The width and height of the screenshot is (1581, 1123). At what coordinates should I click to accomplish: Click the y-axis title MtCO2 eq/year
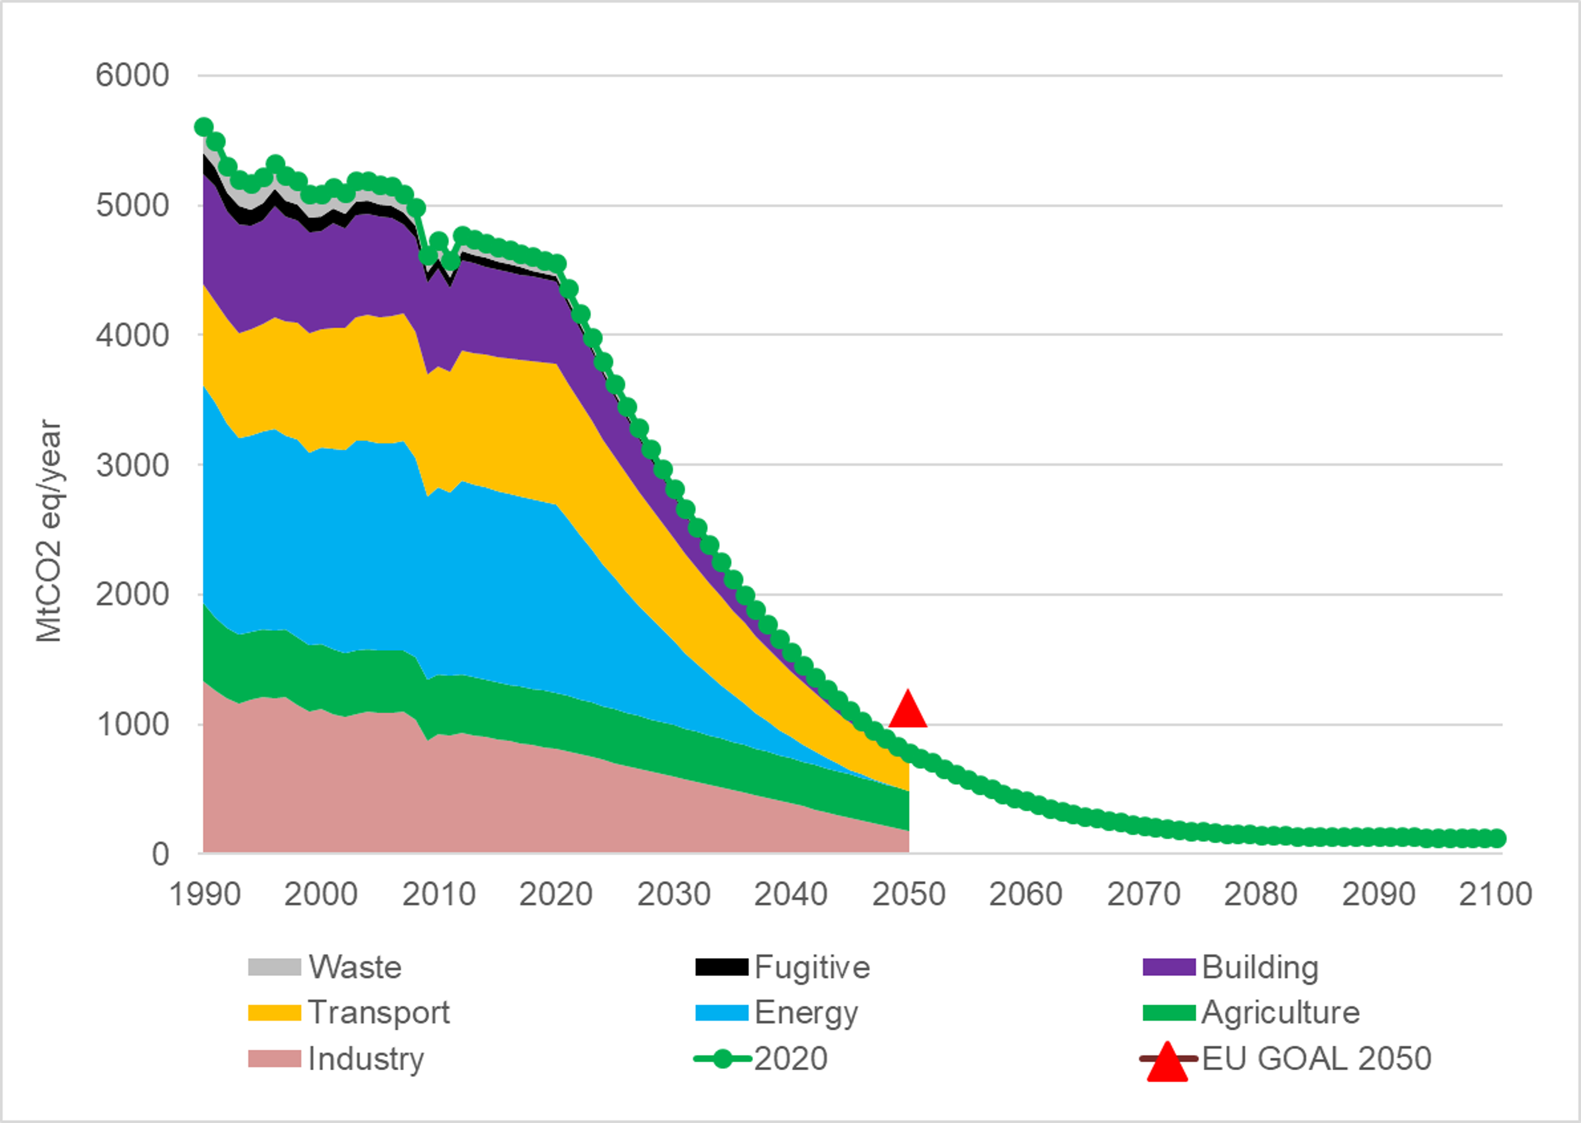[x=48, y=531]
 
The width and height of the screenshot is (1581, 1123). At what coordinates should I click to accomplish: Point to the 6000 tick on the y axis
[x=132, y=75]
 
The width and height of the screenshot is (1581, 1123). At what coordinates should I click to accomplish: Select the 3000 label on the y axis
[x=132, y=465]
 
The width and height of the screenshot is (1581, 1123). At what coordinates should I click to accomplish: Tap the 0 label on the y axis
[x=160, y=855]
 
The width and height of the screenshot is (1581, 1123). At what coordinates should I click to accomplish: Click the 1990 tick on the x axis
[x=204, y=895]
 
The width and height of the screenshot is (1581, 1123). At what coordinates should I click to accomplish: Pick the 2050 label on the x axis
[x=908, y=895]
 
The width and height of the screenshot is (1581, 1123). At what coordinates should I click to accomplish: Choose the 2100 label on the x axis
[x=1495, y=895]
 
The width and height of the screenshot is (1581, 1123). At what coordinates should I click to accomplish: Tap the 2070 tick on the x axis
[x=1143, y=895]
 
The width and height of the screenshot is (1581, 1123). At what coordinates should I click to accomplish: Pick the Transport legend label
[x=378, y=1013]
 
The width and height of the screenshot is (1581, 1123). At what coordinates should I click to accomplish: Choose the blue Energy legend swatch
[x=721, y=1013]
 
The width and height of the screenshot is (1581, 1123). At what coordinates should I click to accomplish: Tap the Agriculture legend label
[x=1280, y=1013]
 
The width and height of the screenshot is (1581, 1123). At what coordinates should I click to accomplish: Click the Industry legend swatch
[x=275, y=1059]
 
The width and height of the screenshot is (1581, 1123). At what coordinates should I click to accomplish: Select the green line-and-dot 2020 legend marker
[x=722, y=1059]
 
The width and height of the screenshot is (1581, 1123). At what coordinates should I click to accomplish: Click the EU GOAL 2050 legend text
[x=1316, y=1059]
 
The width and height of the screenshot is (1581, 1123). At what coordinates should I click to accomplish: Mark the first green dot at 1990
[x=203, y=126]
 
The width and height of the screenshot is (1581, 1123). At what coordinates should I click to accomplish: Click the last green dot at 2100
[x=1496, y=838]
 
